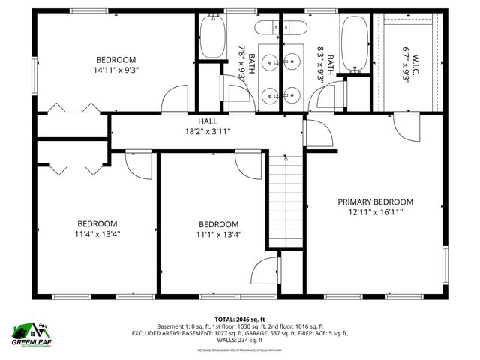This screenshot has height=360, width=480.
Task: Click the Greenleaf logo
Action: (29, 334)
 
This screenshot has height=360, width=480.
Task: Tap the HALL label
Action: (208, 121)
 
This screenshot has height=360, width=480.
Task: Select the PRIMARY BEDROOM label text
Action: (375, 202)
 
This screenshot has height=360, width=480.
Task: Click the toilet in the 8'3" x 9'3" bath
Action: (295, 28)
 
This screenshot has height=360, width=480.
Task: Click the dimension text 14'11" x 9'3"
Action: (115, 70)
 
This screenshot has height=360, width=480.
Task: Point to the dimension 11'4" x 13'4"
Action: (98, 233)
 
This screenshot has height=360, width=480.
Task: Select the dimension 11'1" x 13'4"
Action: (218, 234)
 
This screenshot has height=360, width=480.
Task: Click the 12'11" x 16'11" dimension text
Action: (375, 211)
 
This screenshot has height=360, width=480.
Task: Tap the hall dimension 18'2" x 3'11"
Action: (208, 131)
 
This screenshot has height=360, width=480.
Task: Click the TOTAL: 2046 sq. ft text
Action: (239, 319)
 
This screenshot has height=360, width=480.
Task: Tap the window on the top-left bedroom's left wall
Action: (34, 75)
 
